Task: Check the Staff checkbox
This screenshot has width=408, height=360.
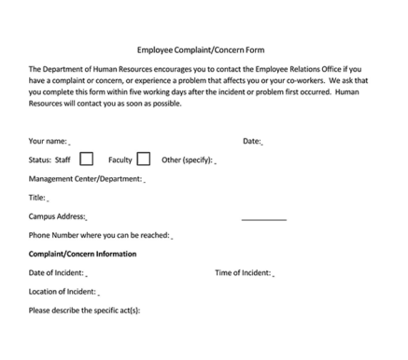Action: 86,159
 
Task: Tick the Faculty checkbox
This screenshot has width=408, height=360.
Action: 144,159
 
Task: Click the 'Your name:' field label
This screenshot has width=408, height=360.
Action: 48,141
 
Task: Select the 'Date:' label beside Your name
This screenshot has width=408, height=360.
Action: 251,141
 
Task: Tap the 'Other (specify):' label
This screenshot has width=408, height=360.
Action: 187,159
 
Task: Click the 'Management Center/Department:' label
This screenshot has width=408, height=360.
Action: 85,178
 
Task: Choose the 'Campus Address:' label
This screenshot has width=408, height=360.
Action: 57,216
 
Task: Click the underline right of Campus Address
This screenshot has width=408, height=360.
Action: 263,219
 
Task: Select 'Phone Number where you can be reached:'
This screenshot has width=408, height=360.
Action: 99,235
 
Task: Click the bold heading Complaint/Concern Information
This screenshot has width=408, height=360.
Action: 82,254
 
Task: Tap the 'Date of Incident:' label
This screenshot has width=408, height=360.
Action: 56,273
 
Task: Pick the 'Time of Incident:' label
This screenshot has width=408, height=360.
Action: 243,273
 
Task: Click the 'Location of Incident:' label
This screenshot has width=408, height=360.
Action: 62,292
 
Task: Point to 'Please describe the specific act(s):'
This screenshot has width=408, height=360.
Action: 84,311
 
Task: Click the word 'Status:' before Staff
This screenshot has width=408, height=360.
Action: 40,159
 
